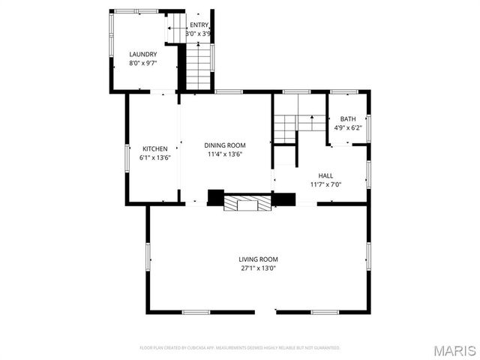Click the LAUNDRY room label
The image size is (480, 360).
142,54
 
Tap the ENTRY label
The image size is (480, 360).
199,25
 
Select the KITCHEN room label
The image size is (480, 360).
155,148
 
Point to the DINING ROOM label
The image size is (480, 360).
225,145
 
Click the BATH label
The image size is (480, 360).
348,119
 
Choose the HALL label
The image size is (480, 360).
325,175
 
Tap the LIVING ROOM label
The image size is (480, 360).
259,259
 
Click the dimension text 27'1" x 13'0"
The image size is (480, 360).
259,268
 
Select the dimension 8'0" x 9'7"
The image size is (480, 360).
142,63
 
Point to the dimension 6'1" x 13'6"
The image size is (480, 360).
155,157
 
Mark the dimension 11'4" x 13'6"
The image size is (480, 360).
225,154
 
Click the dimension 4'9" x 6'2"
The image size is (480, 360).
348,128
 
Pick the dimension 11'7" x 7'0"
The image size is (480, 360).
325,184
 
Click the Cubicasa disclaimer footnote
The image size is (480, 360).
240,348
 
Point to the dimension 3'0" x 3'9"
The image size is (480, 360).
199,34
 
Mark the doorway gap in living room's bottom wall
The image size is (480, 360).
265,311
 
